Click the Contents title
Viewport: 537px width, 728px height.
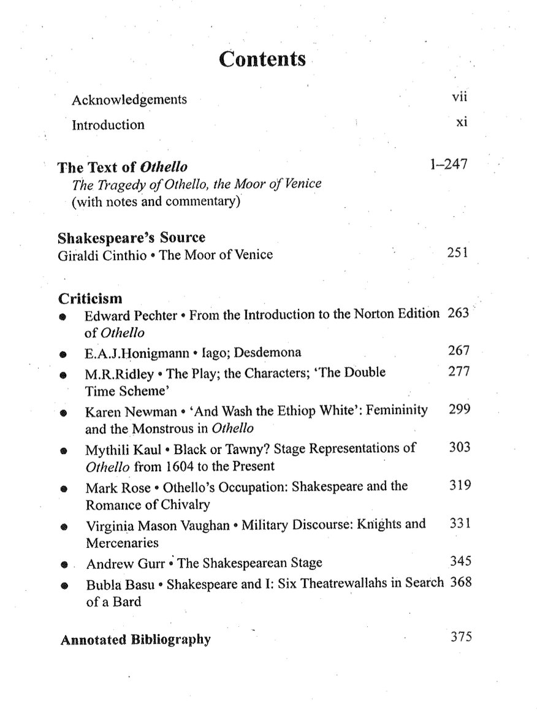[x=262, y=59]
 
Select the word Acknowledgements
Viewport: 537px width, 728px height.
[x=129, y=99]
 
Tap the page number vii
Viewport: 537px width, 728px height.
[x=460, y=96]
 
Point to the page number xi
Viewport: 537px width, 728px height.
[x=462, y=123]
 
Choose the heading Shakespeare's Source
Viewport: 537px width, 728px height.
[x=131, y=238]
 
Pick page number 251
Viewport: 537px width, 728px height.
[x=457, y=252]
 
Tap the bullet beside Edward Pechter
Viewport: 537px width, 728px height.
[x=63, y=317]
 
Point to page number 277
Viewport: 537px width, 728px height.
[x=459, y=372]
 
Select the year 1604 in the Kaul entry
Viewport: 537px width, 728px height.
[x=181, y=466]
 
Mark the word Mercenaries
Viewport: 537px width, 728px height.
[x=122, y=543]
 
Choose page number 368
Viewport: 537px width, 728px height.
[x=460, y=582]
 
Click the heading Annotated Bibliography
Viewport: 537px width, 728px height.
[x=135, y=640]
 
